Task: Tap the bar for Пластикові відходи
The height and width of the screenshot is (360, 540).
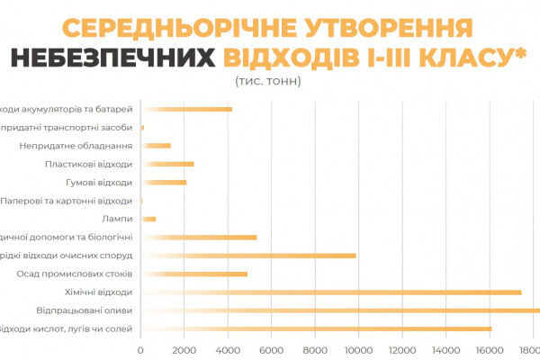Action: [168, 164]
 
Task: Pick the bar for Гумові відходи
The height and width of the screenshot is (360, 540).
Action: [165, 183]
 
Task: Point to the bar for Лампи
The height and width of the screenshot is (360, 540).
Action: [149, 219]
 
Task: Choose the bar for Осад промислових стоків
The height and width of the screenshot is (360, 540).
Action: [194, 274]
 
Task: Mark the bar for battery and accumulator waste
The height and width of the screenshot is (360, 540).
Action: [187, 110]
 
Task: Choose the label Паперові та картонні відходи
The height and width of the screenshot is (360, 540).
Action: [67, 201]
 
